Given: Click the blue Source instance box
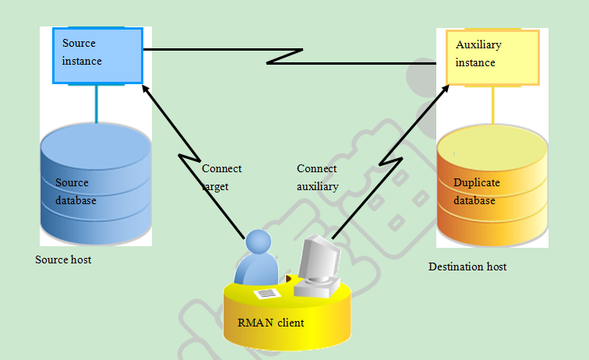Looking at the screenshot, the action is point(97,55).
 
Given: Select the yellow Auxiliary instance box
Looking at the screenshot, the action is point(492,58).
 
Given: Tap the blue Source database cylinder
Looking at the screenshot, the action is point(96,184).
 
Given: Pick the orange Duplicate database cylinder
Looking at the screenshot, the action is point(492,185).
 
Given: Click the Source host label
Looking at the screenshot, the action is point(63,259).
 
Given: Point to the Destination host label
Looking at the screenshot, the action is point(467,266).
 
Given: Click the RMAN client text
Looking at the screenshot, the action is point(270,323).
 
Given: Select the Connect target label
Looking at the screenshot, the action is point(221,178).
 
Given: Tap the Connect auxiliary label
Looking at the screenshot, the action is point(317,178).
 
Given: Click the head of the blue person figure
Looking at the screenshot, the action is point(259,242).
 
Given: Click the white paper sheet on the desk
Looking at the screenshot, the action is point(267,294).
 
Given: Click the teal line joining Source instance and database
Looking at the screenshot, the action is point(97,104).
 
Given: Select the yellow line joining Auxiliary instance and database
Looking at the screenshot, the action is point(493,105).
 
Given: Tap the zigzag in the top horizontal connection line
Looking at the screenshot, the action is point(284,56).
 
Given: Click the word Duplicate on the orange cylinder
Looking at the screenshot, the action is point(476,182).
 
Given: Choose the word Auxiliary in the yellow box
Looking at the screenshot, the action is point(478,44).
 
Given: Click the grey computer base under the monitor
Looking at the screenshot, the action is point(316,288).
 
